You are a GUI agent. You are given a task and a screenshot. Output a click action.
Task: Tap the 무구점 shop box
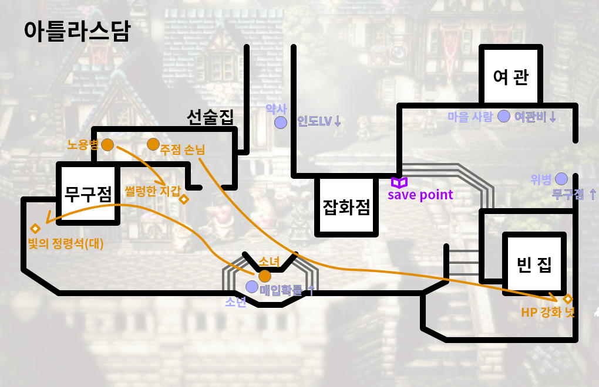(x=88, y=193)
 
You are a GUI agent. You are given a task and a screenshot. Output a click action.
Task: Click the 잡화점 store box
(x=346, y=206)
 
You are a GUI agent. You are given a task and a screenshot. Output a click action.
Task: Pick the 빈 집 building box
(x=534, y=264)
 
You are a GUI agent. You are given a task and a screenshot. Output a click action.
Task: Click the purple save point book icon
(x=399, y=182)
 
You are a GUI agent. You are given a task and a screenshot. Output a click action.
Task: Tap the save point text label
(x=420, y=195)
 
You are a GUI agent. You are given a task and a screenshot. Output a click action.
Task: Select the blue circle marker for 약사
(x=281, y=123)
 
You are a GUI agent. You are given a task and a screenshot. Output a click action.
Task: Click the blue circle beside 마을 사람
(x=503, y=116)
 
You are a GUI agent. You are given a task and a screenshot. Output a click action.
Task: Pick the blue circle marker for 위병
(x=561, y=178)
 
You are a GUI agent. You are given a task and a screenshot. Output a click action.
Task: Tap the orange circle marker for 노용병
(x=107, y=144)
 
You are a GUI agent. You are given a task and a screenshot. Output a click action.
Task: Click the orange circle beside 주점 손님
(x=153, y=144)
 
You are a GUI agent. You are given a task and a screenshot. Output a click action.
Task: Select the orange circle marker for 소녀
(x=265, y=276)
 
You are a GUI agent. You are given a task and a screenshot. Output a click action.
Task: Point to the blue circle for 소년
(x=252, y=287)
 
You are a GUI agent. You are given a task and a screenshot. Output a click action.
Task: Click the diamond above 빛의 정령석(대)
(x=35, y=228)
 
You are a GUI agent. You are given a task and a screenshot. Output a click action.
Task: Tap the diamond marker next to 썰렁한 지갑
(x=184, y=199)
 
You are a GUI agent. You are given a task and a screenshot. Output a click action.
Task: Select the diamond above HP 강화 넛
(x=568, y=298)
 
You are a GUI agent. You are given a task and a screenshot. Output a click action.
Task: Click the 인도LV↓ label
(x=319, y=122)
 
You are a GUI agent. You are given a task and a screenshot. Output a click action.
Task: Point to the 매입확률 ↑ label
(x=287, y=290)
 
